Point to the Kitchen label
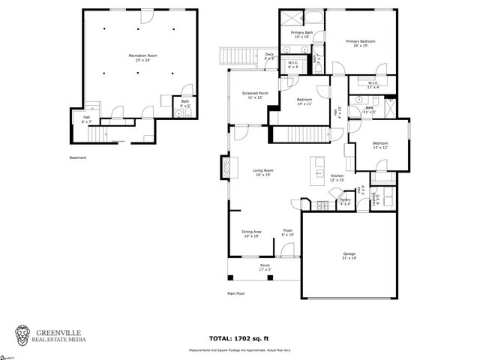pos(337,178)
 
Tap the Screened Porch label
pos(252,95)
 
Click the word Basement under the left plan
pos(78,157)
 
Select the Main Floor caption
pos(237,293)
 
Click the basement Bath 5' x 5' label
pos(185,104)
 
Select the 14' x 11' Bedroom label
pos(304,102)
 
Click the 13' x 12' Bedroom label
pos(381,145)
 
